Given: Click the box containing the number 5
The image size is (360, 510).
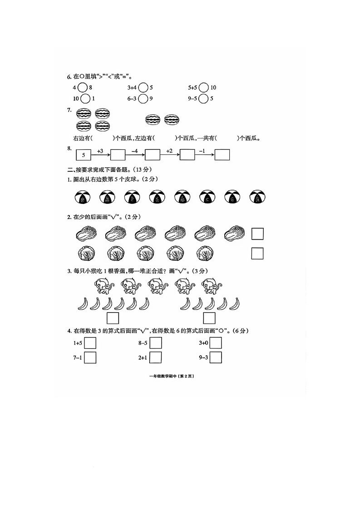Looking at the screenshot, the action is [84, 155].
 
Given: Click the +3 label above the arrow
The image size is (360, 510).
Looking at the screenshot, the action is [100, 151].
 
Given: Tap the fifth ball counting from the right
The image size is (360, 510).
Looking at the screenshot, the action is [158, 197].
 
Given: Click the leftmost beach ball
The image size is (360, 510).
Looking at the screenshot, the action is [83, 197].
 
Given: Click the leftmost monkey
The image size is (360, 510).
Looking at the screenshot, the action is [104, 286].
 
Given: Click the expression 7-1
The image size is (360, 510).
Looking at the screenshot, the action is [78, 358].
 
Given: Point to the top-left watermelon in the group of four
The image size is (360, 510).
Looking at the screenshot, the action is [83, 114].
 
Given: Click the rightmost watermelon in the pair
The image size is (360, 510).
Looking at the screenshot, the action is [172, 120].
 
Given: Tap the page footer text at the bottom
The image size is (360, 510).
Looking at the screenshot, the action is [172, 376].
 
